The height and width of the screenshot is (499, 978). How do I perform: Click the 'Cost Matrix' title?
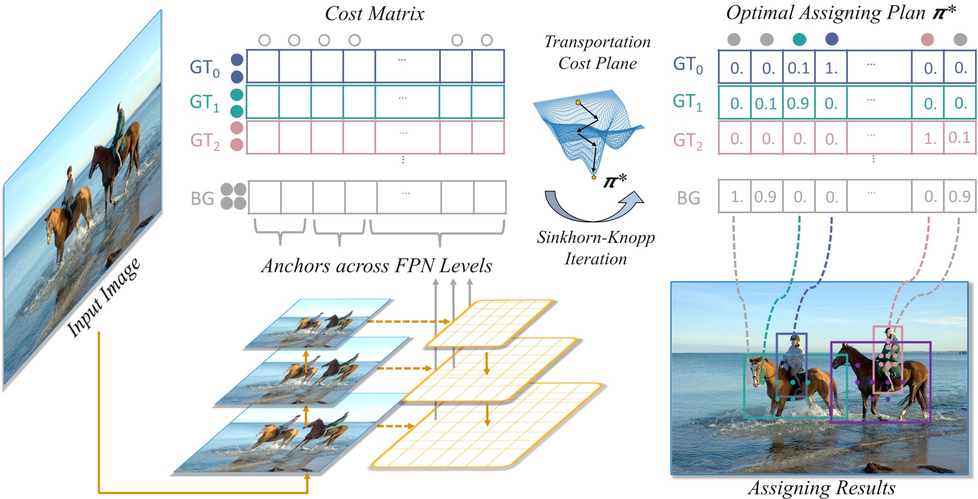374,14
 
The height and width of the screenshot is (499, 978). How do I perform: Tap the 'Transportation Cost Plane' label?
598,53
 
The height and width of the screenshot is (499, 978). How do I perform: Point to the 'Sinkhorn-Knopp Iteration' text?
596,248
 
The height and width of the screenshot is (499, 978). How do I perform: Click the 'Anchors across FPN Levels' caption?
376,266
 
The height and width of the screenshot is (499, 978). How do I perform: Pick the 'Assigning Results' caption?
821,488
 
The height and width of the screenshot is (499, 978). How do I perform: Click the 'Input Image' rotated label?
104,297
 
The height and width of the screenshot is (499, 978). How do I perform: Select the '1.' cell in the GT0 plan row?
831,68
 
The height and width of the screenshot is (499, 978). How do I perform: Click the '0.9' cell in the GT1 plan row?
798,103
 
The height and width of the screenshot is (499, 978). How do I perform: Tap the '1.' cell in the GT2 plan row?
930,139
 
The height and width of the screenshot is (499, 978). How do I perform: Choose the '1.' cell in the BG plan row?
736,197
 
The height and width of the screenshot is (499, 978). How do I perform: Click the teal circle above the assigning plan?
799,39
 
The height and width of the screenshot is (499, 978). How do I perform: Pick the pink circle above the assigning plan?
927,39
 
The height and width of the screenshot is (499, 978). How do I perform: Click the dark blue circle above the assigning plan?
832,39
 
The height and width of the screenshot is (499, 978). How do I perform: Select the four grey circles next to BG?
233,196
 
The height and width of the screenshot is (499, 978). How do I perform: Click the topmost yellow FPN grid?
490,323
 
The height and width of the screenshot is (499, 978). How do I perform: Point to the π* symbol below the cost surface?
615,180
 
